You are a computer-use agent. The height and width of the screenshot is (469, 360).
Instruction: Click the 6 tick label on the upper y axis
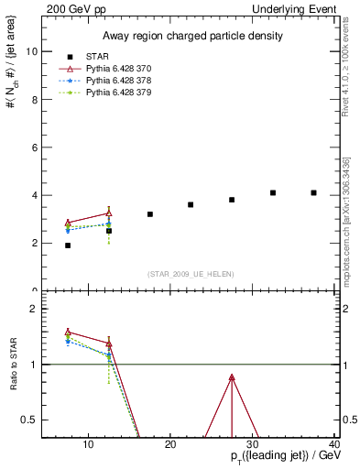33,147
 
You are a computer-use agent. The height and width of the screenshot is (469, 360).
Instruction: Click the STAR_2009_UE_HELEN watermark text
190,274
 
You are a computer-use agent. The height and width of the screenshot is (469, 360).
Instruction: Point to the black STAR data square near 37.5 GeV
314,192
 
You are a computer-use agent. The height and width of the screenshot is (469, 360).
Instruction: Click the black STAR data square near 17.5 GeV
150,214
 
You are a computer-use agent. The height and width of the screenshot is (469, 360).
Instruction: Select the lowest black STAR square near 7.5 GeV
68,245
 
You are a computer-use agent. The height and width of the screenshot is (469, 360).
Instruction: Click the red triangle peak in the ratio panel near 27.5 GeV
232,377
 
